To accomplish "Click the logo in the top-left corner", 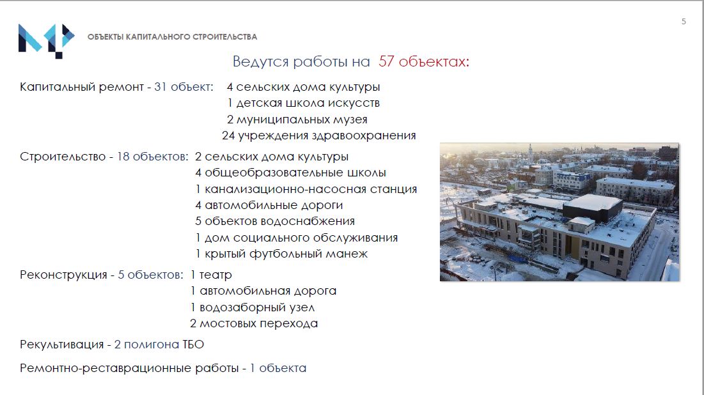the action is [46, 41].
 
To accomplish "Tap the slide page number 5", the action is [684, 22].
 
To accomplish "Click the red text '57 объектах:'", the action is [423, 61].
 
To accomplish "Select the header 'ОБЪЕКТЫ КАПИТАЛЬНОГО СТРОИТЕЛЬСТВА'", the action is [172, 37].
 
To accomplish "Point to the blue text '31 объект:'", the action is [184, 87].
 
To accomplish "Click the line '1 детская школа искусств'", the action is [304, 104].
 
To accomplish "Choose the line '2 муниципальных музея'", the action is [297, 120].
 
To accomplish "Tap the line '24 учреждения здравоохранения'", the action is [319, 136].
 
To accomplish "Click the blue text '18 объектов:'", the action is [153, 157].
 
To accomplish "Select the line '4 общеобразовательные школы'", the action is [290, 173].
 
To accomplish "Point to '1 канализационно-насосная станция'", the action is [306, 189].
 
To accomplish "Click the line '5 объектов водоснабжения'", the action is [275, 221].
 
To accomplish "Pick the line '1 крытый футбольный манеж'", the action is [281, 254].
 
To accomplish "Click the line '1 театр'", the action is [211, 275].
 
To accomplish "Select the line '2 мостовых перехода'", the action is [254, 323].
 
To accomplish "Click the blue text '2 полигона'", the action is [147, 345].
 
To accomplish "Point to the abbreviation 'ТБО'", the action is [193, 345].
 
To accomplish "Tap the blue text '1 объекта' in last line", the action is [278, 368].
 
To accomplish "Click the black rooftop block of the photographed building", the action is [593, 207].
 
